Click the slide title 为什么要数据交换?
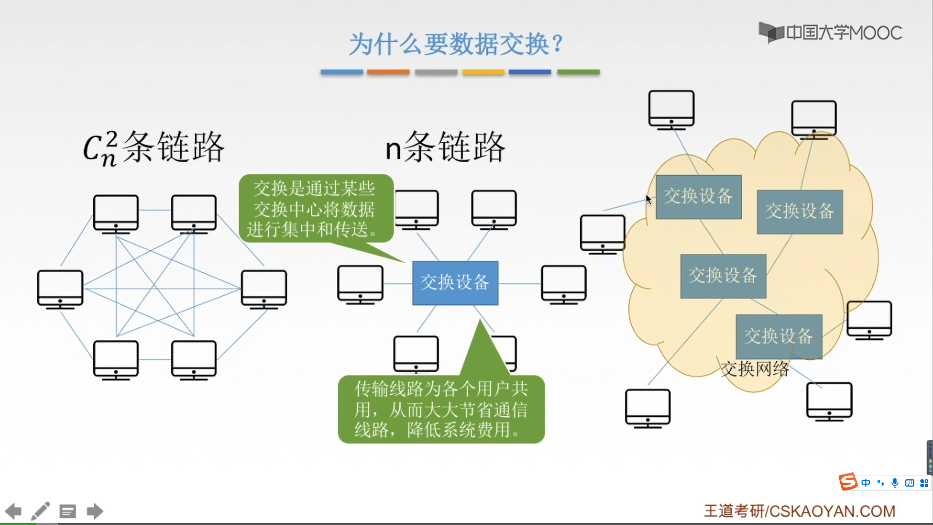[456, 44]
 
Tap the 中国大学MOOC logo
[831, 33]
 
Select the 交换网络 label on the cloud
[755, 369]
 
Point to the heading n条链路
[445, 147]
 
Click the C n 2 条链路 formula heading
[154, 147]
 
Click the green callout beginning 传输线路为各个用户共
[441, 409]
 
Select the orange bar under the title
[388, 72]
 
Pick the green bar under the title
[578, 72]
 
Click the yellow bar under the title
[483, 72]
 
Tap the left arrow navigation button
[14, 511]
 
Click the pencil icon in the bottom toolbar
[40, 511]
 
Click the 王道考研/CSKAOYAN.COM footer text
[799, 511]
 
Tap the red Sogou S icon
[847, 482]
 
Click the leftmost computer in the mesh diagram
[60, 289]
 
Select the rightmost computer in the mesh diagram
[264, 289]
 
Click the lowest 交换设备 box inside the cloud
[778, 336]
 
